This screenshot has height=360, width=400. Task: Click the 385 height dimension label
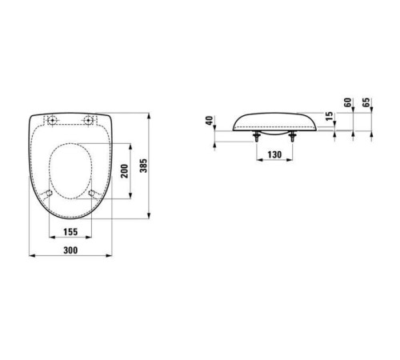(143, 166)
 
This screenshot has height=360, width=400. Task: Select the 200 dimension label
(125, 171)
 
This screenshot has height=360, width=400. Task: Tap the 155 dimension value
(70, 232)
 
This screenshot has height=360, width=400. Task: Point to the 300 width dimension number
(70, 250)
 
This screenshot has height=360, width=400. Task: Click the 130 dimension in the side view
(274, 154)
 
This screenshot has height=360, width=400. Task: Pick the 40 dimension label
(210, 120)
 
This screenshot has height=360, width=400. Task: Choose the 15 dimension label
(330, 116)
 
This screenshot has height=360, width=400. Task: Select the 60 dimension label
(348, 102)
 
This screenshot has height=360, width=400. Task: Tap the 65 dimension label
(366, 102)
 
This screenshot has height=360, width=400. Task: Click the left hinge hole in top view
(52, 120)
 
